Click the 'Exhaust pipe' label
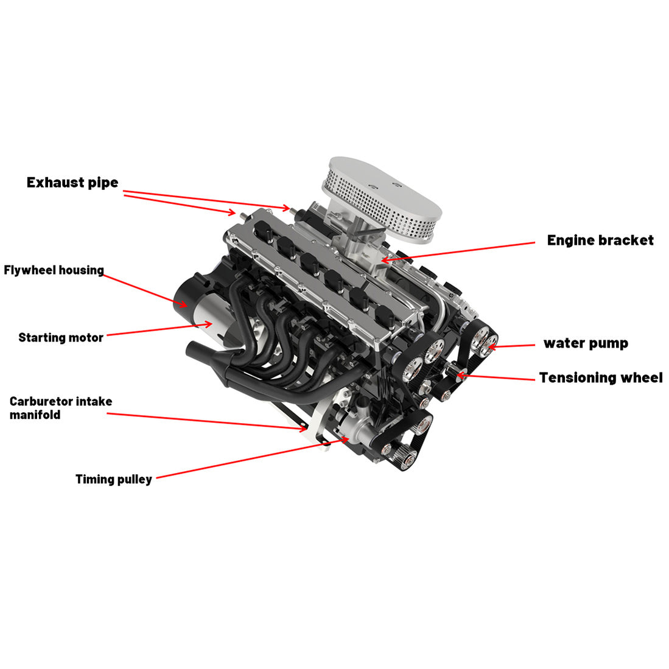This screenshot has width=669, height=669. coord(72,183)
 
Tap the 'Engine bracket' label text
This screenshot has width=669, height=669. coord(600,240)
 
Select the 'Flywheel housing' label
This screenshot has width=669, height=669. coord(54,270)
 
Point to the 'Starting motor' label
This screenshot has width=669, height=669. coord(61,338)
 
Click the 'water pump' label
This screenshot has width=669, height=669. coord(585,343)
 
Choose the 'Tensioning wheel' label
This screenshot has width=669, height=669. coord(600,378)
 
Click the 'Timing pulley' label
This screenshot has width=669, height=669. coord(113,480)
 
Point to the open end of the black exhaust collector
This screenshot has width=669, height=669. coord(191,349)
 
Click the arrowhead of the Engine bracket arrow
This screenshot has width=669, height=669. coord(384,260)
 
